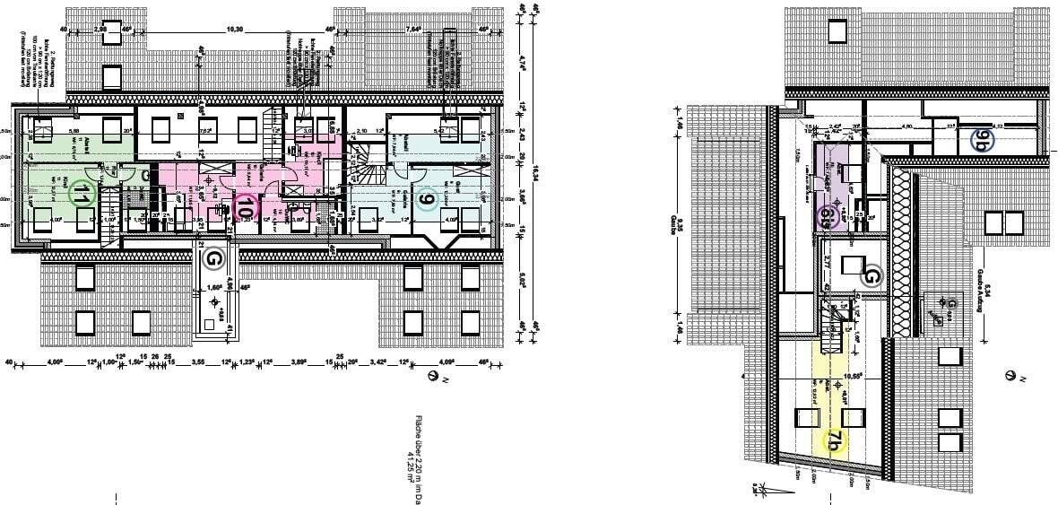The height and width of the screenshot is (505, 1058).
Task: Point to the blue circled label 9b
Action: click(984, 140)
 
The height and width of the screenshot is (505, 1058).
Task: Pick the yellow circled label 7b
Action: click(835, 440)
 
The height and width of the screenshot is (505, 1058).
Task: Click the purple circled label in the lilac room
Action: click(828, 217)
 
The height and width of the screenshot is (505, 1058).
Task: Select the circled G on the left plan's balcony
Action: click(213, 259)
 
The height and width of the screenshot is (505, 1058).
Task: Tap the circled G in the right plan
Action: click(872, 275)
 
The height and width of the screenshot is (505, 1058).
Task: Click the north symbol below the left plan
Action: click(436, 377)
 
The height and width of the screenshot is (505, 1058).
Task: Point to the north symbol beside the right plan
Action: click(1011, 376)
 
